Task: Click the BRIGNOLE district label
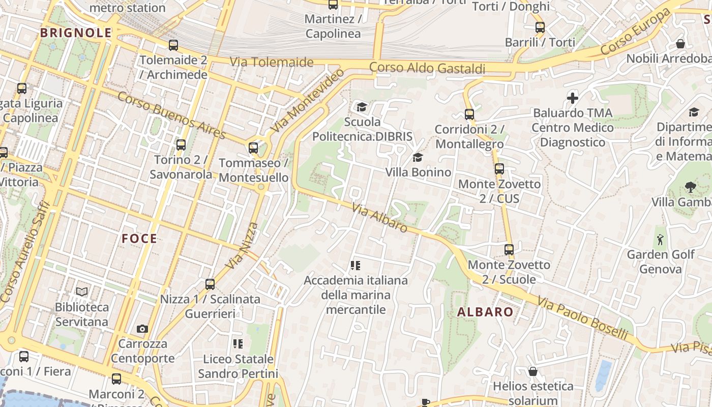(76, 33)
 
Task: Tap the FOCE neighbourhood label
(139, 238)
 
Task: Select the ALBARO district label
(485, 312)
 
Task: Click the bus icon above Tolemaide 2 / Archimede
(173, 45)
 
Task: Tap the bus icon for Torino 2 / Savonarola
(181, 145)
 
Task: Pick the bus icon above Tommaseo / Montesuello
(253, 148)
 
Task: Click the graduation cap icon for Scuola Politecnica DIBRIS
(362, 107)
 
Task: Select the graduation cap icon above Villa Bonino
(418, 157)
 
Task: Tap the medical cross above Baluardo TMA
(573, 98)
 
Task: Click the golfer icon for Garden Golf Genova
(660, 239)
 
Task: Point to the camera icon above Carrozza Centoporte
(142, 329)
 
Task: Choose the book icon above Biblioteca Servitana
(82, 292)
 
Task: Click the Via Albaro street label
(379, 218)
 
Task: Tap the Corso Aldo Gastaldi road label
(427, 68)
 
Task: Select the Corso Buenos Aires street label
(171, 115)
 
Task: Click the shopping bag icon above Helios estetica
(532, 371)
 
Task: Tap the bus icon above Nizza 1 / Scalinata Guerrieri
(210, 284)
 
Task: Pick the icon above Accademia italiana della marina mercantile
(355, 265)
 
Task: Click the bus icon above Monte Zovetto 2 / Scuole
(509, 250)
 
